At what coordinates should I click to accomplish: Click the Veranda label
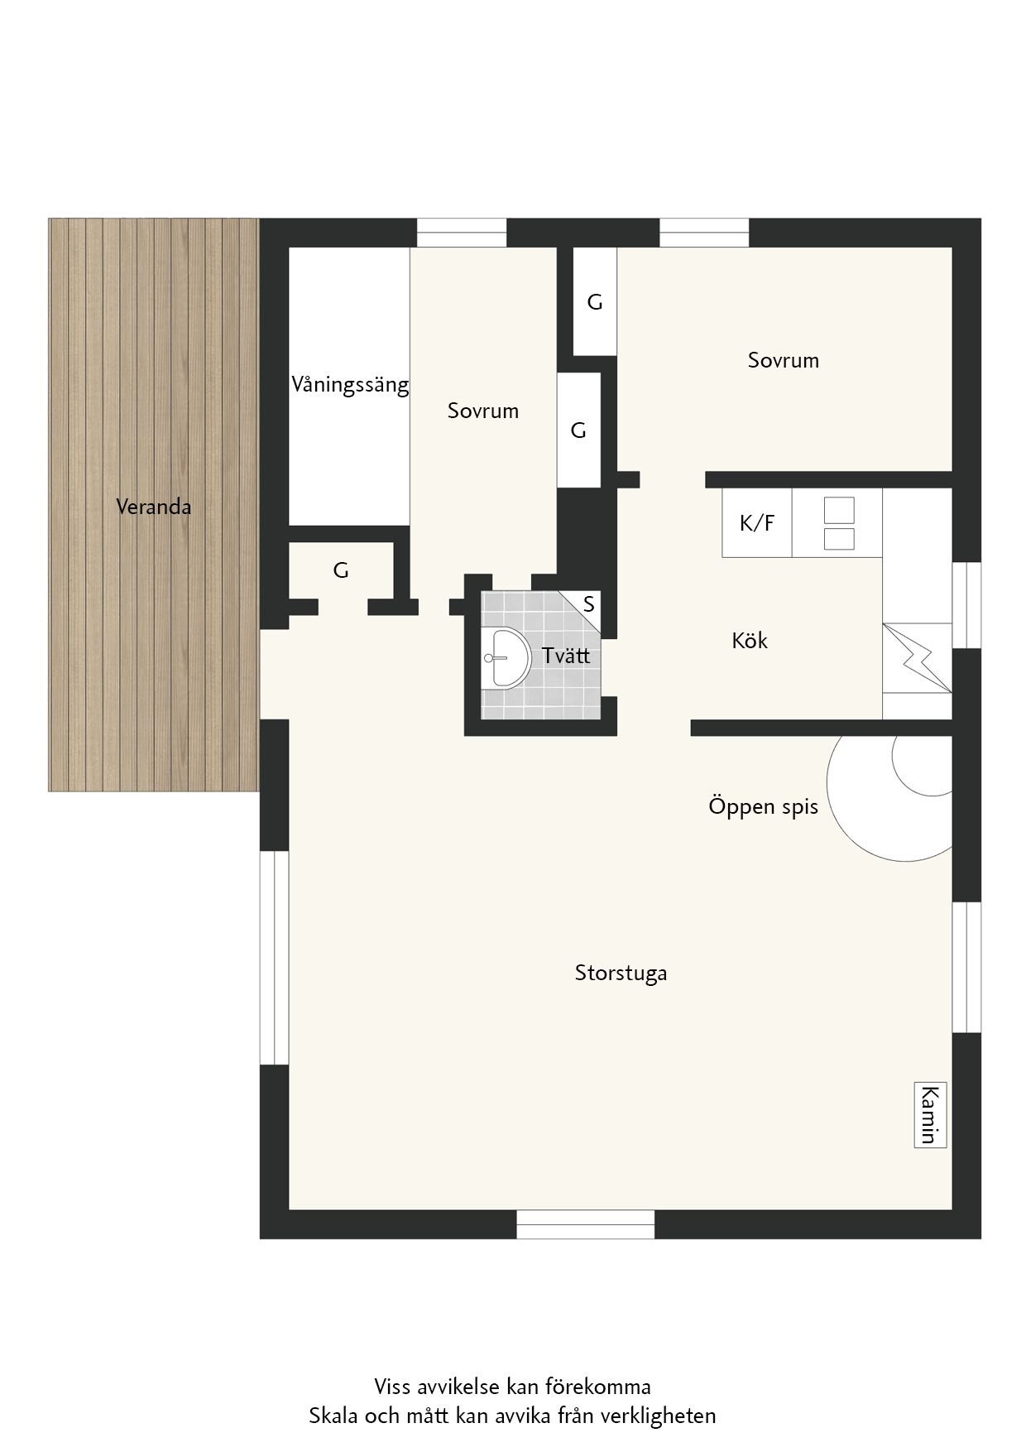154,507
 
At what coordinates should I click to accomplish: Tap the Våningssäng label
350,385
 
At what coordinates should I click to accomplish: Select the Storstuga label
621,973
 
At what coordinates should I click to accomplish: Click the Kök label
750,640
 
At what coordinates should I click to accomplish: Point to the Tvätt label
566,655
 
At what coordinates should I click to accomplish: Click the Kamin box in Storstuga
930,1114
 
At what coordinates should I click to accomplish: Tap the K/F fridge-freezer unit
757,522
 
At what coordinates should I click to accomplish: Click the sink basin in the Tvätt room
505,657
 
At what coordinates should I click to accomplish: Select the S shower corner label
589,604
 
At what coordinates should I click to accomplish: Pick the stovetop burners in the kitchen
839,523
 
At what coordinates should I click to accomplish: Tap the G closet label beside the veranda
341,570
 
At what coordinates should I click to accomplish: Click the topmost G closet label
595,303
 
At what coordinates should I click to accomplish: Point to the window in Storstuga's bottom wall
586,1224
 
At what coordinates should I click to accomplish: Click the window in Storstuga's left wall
274,958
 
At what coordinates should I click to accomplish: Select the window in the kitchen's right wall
966,605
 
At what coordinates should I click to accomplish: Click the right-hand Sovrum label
784,360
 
